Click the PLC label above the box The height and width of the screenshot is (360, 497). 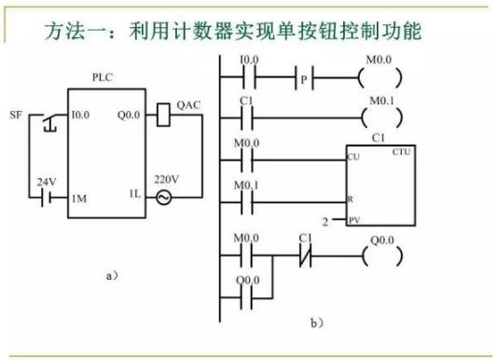(x=104, y=78)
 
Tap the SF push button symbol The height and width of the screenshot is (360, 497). (x=46, y=118)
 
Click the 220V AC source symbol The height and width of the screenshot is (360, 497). (x=164, y=198)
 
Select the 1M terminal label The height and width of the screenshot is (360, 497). (x=80, y=198)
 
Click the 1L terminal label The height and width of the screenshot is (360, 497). (x=133, y=198)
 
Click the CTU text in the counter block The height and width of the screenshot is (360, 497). (x=402, y=151)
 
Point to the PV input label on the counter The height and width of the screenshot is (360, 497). (x=353, y=220)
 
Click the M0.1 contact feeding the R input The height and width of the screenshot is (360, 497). (x=249, y=197)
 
